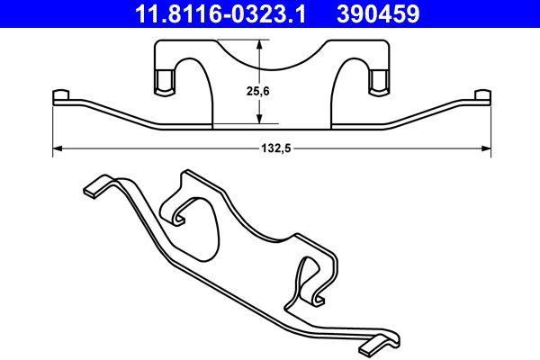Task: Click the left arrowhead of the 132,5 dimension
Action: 58,148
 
